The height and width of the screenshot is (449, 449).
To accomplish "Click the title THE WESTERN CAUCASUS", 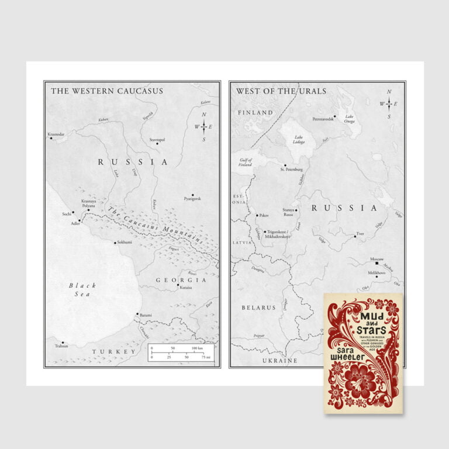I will (x=106, y=91).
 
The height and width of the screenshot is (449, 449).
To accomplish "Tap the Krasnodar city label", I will (x=57, y=134).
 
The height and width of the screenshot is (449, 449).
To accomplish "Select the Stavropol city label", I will (x=157, y=140).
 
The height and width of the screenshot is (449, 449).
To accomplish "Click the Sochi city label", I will (x=67, y=214).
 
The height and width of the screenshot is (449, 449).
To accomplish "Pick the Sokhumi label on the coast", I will (x=125, y=241).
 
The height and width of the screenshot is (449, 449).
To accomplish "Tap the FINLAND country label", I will (x=255, y=112).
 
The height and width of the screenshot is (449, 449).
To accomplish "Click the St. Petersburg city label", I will (x=291, y=170).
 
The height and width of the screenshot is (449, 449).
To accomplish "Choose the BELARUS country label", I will (x=258, y=307).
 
